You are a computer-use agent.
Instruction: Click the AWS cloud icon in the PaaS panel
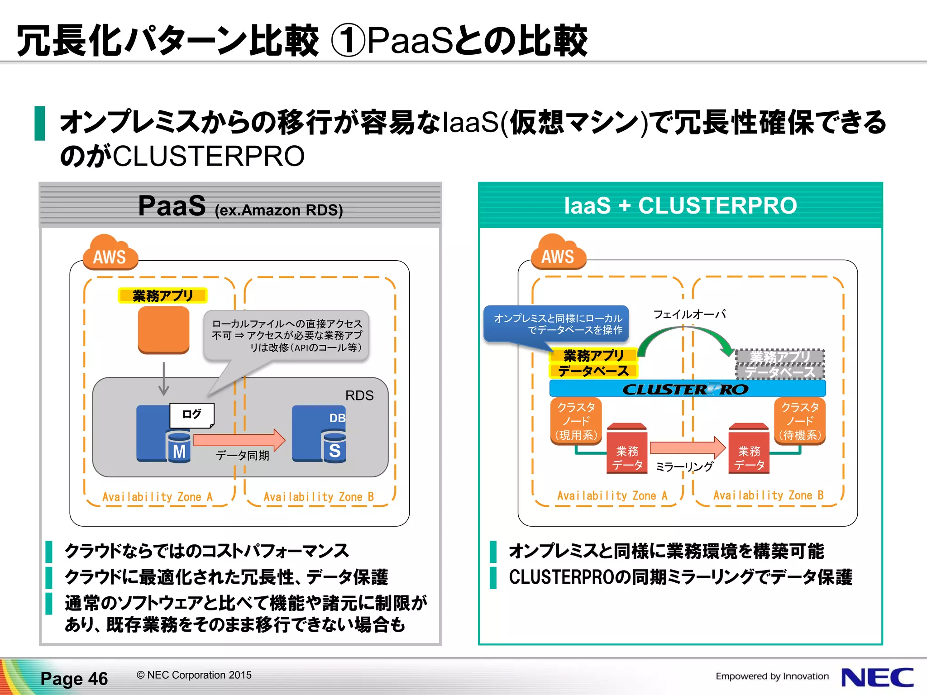(x=110, y=253)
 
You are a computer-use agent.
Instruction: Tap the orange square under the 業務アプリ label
(x=163, y=329)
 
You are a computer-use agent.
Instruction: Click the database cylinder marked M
(x=179, y=447)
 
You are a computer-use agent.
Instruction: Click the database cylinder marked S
(x=334, y=447)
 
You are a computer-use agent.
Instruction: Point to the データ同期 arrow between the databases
(x=239, y=439)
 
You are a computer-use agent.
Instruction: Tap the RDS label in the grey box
(x=359, y=395)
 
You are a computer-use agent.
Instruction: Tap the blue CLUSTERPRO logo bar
(x=687, y=389)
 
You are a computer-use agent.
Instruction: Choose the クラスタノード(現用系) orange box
(x=576, y=421)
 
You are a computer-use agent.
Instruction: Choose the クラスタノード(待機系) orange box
(x=800, y=421)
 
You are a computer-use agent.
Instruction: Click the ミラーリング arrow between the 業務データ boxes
(x=687, y=447)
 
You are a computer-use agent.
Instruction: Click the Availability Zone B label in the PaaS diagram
(x=319, y=497)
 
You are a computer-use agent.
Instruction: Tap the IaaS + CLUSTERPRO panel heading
(x=680, y=205)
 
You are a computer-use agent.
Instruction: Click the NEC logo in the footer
(x=877, y=677)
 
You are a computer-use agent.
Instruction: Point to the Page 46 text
(x=74, y=679)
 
